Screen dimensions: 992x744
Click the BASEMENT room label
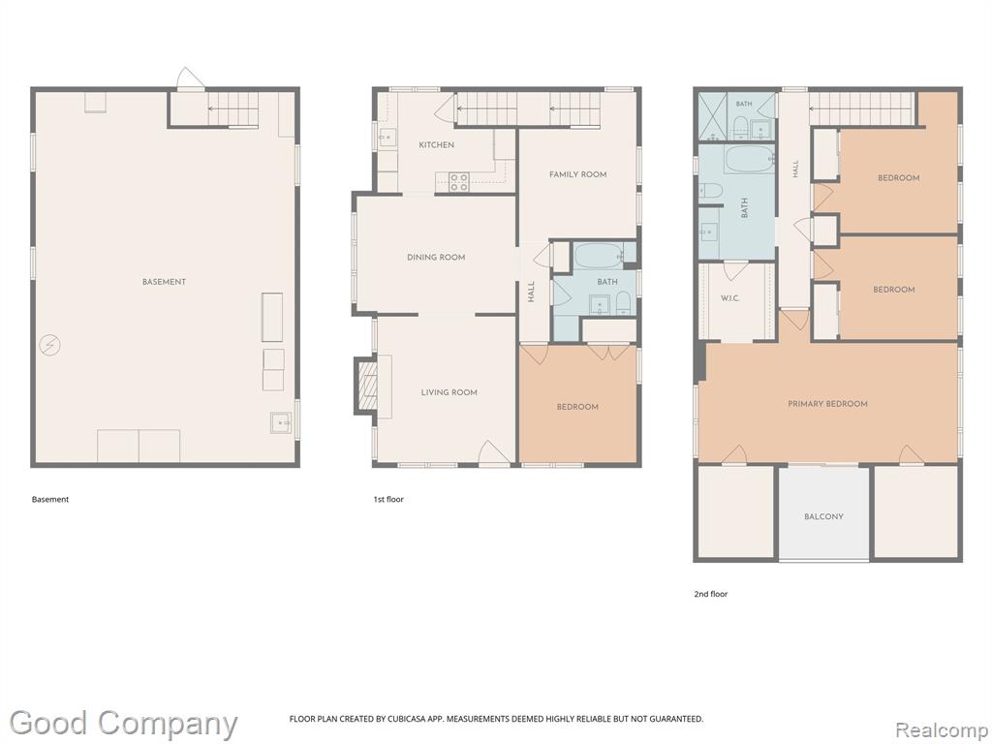click(164, 282)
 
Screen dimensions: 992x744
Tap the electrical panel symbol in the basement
click(49, 345)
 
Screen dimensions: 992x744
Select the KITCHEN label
click(437, 145)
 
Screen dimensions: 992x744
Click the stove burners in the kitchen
click(458, 182)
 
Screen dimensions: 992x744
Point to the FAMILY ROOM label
click(577, 174)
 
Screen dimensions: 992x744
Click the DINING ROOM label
click(436, 258)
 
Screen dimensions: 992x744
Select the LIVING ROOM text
click(449, 392)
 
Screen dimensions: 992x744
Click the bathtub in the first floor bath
click(599, 256)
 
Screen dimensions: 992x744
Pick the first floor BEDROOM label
click(577, 407)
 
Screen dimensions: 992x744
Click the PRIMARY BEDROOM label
click(827, 404)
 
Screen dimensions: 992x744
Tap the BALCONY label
click(823, 517)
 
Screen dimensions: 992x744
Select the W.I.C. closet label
click(729, 298)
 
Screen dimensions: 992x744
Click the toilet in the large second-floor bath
click(711, 190)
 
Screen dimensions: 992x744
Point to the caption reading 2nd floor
click(710, 594)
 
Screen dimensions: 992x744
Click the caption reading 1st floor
click(387, 499)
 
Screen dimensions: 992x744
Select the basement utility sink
click(281, 422)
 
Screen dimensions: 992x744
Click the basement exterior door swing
click(189, 79)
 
